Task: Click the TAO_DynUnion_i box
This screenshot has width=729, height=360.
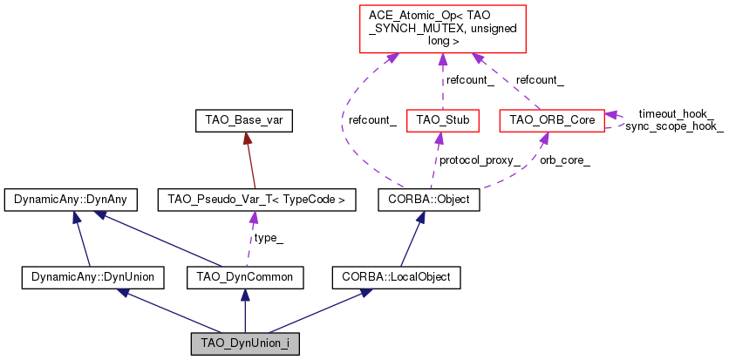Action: (245, 343)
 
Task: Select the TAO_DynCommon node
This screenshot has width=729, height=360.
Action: (245, 277)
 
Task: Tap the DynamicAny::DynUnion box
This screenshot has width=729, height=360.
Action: (92, 277)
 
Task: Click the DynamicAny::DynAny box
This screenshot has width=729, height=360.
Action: (71, 200)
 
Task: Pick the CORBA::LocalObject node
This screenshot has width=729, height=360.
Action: (396, 277)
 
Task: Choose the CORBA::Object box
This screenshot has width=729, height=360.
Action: (429, 200)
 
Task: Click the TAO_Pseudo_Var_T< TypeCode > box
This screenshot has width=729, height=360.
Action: (256, 200)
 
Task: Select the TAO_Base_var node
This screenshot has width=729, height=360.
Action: (244, 121)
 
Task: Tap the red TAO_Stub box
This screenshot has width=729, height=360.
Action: (443, 121)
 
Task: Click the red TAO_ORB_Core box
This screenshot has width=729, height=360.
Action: (552, 121)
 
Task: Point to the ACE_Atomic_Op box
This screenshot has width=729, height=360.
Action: (443, 29)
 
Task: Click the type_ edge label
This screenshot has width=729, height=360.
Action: (269, 238)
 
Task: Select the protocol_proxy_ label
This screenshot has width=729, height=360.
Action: (480, 160)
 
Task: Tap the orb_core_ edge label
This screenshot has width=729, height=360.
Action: (564, 160)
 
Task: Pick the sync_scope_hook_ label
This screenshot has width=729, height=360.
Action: (674, 126)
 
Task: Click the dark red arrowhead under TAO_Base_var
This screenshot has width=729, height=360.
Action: (247, 138)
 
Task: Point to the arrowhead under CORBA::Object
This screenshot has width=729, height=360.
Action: (422, 217)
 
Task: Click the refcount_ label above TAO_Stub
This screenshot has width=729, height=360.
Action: (469, 80)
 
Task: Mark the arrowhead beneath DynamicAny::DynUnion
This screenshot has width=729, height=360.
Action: (123, 293)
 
